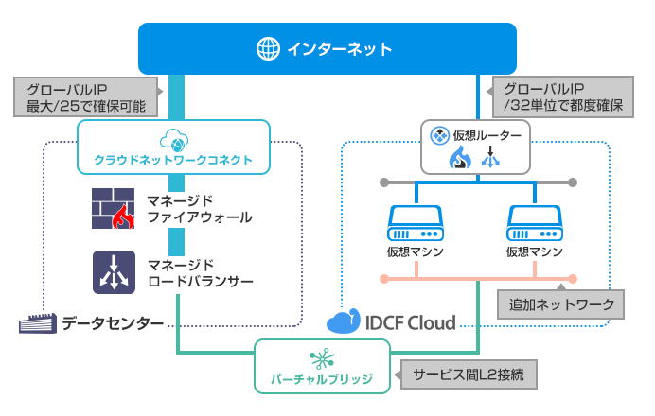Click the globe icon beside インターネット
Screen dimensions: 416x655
tap(268, 47)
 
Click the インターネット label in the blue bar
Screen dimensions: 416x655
tap(338, 47)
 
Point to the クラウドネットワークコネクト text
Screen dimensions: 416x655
tap(173, 161)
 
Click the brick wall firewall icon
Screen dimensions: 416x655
tap(115, 209)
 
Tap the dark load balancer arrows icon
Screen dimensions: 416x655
tap(115, 271)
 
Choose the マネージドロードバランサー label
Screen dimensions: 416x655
tap(200, 271)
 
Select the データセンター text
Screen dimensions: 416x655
tap(113, 324)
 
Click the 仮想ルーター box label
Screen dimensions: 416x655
tap(487, 136)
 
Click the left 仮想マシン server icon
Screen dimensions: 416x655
tap(416, 224)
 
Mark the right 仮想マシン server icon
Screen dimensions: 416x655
tap(535, 224)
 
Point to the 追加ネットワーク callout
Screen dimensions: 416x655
tap(561, 304)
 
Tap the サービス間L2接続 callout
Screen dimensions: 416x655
tap(469, 374)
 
